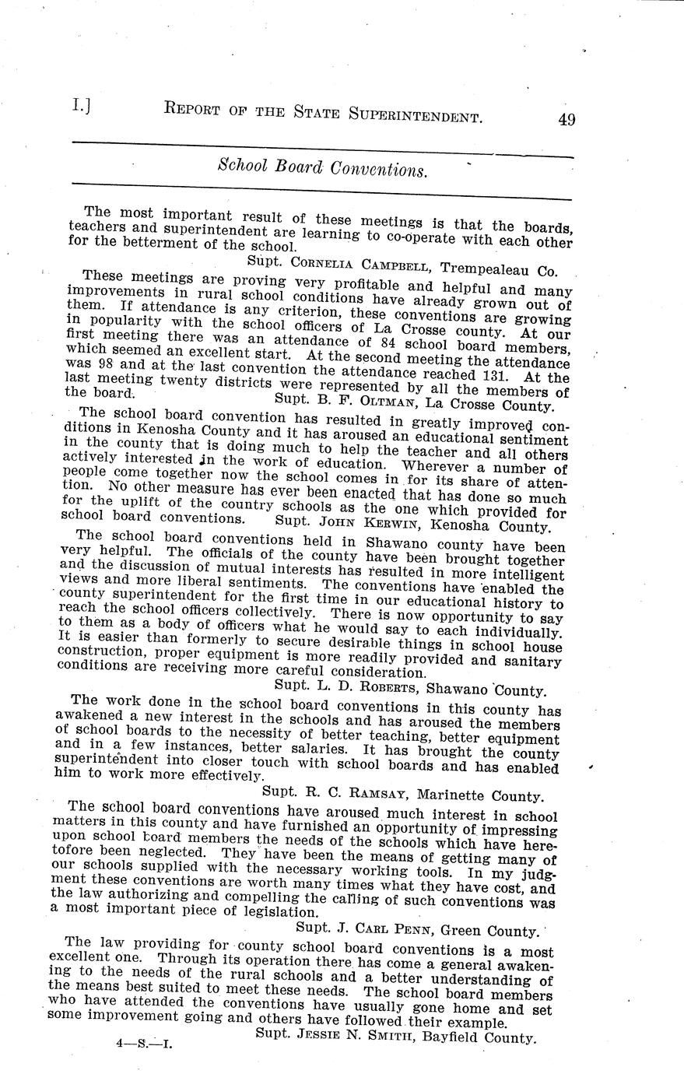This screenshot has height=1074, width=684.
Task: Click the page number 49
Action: (x=566, y=119)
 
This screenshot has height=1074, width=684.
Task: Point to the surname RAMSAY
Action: (x=357, y=794)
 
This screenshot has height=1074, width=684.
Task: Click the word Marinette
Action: (x=448, y=795)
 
